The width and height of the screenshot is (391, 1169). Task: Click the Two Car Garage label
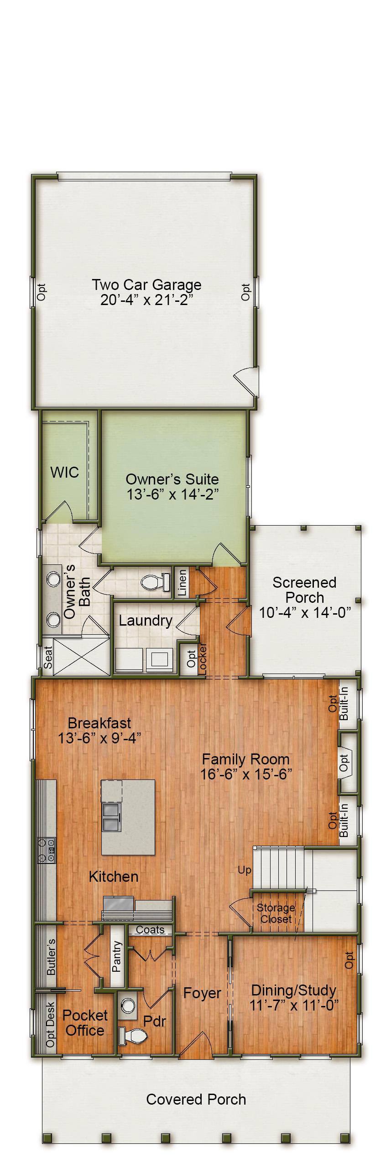pos(146,285)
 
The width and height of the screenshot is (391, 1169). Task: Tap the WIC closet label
pos(64,472)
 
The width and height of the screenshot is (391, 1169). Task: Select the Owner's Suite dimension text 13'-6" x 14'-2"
pos(172,495)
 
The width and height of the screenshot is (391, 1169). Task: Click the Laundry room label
pos(146,621)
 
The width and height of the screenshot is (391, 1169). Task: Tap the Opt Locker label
pos(197,659)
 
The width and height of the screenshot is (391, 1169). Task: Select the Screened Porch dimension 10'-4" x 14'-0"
pos(305,613)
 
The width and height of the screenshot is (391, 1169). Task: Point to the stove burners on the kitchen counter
pos(47,850)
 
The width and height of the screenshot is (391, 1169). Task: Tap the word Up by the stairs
pos(245,870)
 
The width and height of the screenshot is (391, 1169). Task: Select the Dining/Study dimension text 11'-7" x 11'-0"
pos(294,1005)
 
